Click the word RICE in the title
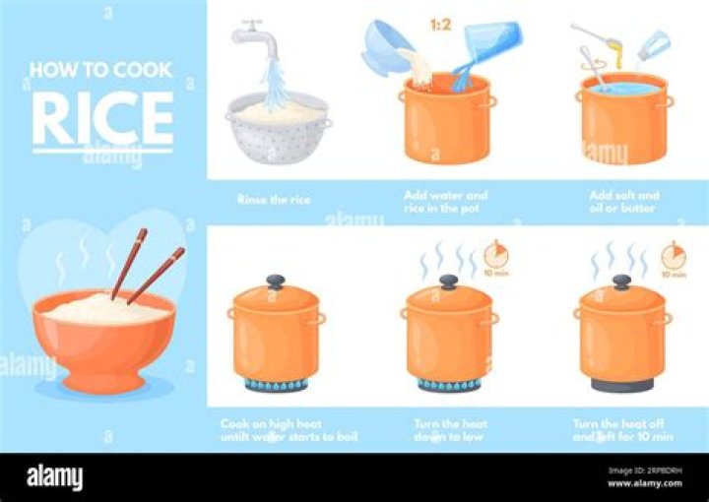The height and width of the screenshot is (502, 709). coord(102,118)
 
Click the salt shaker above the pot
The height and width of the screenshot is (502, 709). coord(652,45)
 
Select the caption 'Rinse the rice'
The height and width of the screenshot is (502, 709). coord(274,200)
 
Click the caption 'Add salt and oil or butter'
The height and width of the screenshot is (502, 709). coord(622,201)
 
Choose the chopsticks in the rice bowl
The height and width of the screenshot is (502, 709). coord(147,266)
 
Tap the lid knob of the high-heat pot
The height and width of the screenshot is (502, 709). coord(276,281)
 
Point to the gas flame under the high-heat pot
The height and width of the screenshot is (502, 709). coord(276,385)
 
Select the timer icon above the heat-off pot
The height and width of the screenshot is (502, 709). coord(673,257)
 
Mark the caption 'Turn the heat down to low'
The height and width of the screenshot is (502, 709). coord(450,429)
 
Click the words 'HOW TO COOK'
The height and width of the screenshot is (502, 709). coord(102,70)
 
